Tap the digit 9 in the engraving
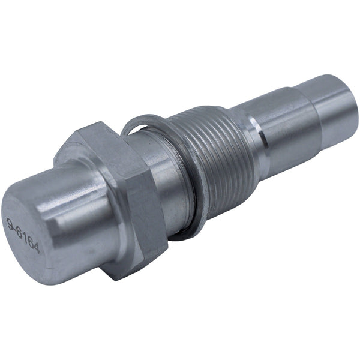click(11, 223)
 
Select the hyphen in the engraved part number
click(16, 228)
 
